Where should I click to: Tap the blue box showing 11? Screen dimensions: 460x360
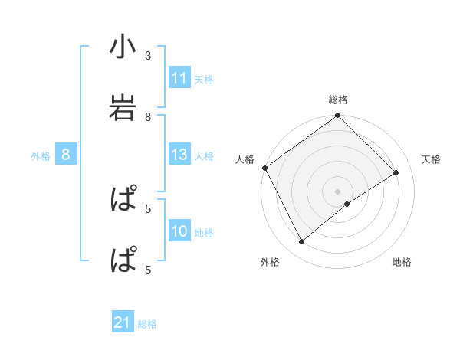click(179, 78)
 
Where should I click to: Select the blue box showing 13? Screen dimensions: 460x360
click(179, 155)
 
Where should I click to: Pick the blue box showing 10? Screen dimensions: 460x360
click(179, 231)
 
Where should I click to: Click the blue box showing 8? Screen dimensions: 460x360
click(66, 155)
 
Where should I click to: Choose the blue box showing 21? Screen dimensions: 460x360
click(123, 323)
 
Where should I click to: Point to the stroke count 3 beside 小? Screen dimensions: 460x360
click(148, 56)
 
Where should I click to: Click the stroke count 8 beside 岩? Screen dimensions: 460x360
click(148, 116)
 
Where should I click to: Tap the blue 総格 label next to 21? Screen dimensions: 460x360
click(147, 324)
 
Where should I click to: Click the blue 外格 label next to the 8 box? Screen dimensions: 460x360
click(41, 156)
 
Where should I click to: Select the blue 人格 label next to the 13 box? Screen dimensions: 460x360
click(204, 156)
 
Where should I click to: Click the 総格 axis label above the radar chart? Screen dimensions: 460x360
click(338, 100)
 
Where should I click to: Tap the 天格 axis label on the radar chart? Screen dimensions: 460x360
click(432, 159)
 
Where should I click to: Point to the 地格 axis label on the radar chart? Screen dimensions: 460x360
click(402, 262)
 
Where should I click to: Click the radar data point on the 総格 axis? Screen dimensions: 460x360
click(338, 116)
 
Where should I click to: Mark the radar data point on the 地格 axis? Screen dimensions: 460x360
click(347, 204)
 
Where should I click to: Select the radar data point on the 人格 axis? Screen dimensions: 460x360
click(264, 168)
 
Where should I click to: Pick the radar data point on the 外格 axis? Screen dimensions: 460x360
click(302, 242)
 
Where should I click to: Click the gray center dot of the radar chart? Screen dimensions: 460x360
click(338, 191)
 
